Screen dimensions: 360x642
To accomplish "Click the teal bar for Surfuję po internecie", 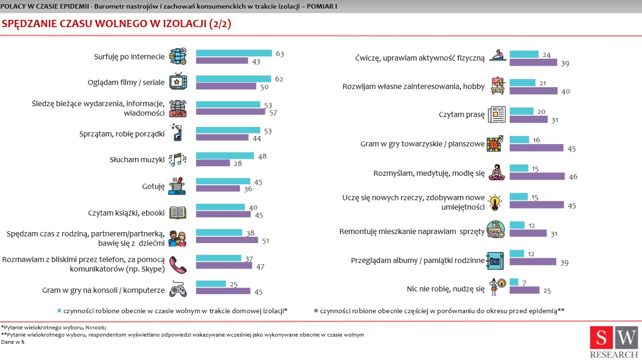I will [234, 53].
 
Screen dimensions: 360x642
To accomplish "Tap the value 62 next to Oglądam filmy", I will [279, 79].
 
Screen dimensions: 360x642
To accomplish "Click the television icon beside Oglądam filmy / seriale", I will [178, 82].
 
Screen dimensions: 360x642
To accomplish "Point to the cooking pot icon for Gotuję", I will [177, 186].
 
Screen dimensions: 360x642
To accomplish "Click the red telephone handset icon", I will [178, 265].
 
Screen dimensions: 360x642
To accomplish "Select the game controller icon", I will [178, 289].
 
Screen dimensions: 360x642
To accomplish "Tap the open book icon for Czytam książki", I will [178, 213].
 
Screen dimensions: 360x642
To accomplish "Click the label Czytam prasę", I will [462, 115].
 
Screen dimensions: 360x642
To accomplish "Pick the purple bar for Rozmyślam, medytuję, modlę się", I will [537, 176].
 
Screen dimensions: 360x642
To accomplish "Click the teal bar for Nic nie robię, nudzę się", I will [514, 282].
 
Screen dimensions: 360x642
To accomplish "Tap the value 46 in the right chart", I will [573, 177].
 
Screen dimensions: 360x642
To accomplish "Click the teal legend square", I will [60, 311].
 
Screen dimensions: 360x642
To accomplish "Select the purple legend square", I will [316, 311].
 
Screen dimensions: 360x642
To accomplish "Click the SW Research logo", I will [614, 341].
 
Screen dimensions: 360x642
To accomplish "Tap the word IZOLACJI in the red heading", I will [180, 24].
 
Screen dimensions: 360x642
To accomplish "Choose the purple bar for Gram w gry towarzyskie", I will [536, 148].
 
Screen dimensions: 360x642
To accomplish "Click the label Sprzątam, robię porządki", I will [122, 134].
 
